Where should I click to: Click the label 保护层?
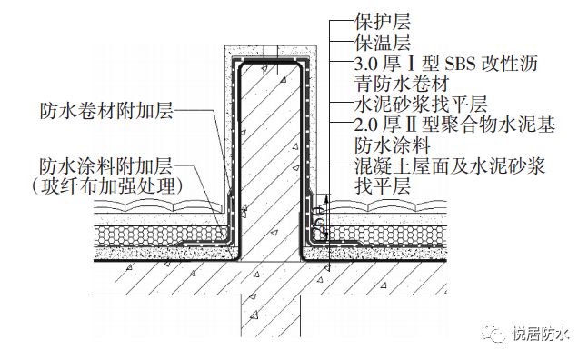point(381,19)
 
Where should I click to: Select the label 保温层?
point(381,42)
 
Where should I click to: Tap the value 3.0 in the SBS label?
point(367,63)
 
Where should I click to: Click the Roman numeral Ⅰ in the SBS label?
point(418,63)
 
